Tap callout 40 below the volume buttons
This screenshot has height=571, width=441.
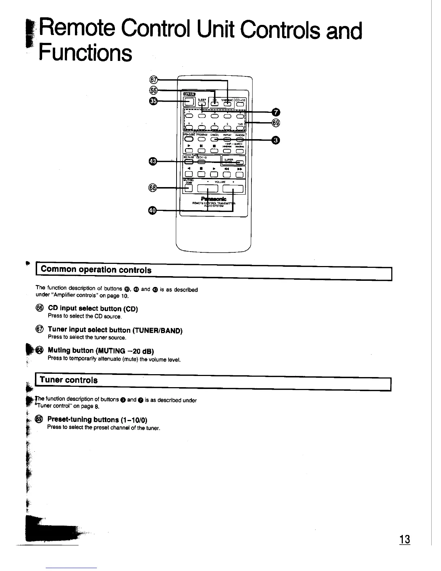[153, 211]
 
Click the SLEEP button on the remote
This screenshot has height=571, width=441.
[202, 104]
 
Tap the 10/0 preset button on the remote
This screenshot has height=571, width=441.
[240, 127]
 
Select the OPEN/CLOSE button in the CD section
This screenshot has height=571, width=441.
[189, 140]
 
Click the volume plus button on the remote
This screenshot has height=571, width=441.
[233, 189]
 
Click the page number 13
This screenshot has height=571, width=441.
[405, 540]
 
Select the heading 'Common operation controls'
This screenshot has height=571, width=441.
[96, 270]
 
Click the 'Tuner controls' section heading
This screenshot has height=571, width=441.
[69, 380]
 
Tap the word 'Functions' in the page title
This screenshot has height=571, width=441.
[85, 53]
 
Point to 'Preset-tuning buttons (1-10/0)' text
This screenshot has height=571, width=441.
[97, 420]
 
